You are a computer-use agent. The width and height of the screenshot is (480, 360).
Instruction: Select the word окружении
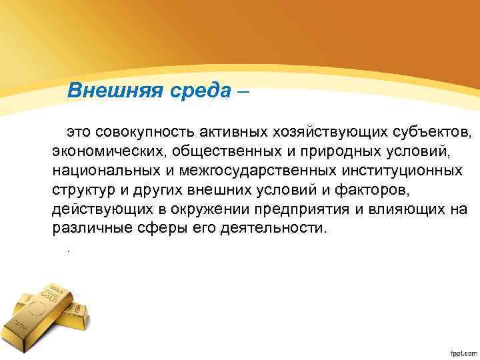tap(225, 209)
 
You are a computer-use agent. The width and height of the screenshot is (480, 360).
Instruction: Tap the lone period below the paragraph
tap(68, 249)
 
